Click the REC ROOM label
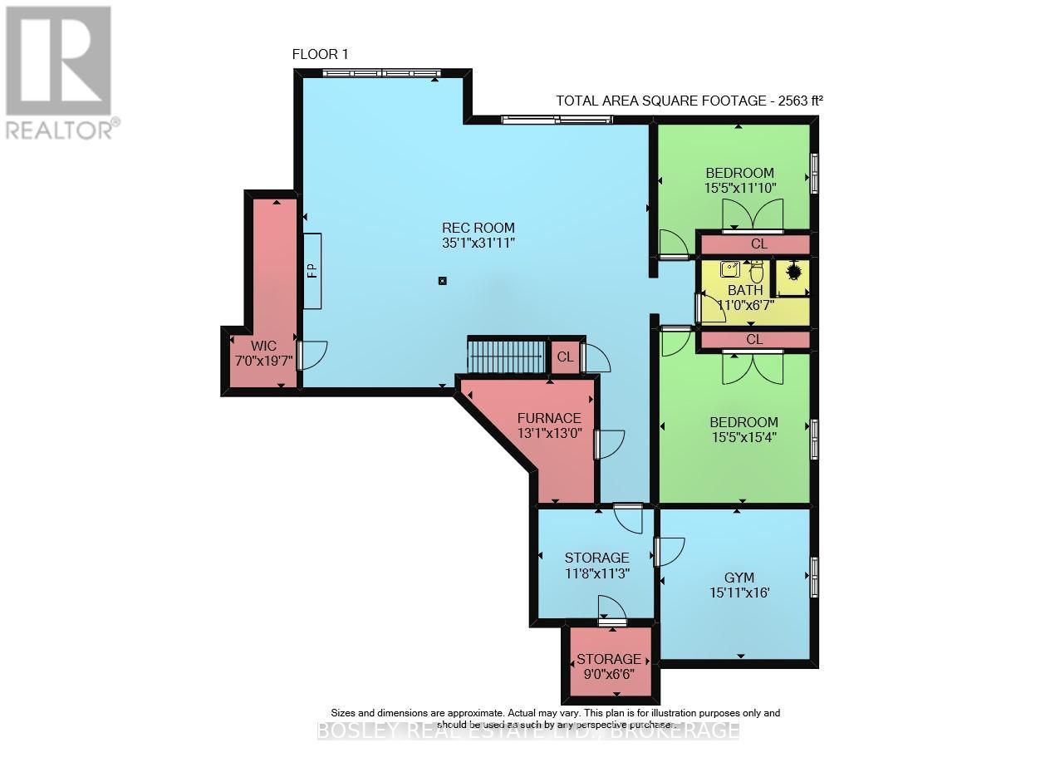(478, 228)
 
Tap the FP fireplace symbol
(312, 271)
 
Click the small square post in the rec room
(442, 281)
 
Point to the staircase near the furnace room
(506, 357)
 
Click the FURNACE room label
(548, 418)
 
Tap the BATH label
(745, 290)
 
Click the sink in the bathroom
(730, 268)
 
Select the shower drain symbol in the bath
(792, 271)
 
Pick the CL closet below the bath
(754, 340)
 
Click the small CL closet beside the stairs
(565, 357)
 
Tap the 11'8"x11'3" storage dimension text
(596, 573)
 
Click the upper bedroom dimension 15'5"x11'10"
(739, 188)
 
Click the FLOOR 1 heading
(320, 54)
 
